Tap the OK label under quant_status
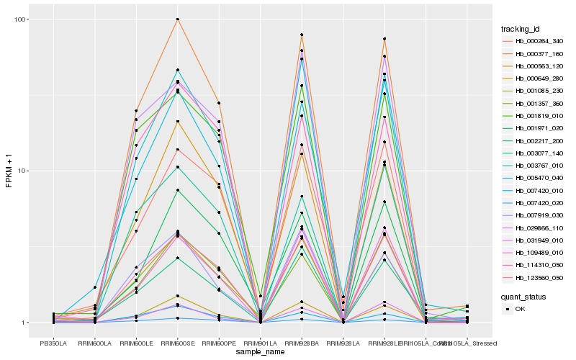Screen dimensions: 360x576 [x=520, y=309]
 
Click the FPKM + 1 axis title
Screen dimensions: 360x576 [x=9, y=171]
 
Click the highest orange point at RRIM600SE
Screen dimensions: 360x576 [x=177, y=19]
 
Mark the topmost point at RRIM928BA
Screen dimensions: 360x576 [x=302, y=35]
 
